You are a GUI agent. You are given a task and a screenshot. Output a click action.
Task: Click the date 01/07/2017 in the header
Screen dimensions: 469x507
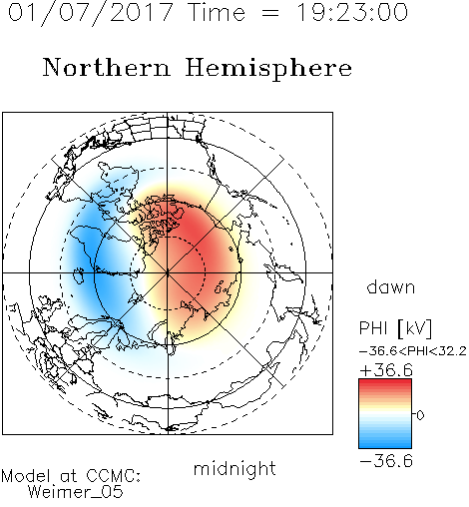[x=90, y=13]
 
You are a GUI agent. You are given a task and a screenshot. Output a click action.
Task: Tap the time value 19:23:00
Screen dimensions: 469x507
[x=352, y=12]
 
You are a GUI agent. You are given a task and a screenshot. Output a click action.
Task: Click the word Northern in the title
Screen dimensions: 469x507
[x=107, y=68]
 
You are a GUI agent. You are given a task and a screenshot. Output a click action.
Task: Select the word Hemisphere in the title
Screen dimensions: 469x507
[x=268, y=69]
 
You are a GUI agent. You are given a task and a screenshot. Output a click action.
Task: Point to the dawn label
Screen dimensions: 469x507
[x=391, y=286]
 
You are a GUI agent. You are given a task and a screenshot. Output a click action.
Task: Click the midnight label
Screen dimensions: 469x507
[x=234, y=468]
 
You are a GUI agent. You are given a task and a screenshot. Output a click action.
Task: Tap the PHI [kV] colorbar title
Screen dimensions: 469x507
[x=395, y=328]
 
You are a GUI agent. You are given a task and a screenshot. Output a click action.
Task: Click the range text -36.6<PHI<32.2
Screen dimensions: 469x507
[x=413, y=351]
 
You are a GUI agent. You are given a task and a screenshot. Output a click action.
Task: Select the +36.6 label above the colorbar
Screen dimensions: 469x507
[x=386, y=370]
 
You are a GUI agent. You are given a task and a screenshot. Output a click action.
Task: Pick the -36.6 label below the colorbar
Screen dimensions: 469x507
[x=386, y=461]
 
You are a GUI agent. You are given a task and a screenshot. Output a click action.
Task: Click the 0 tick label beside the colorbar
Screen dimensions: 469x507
[x=420, y=415]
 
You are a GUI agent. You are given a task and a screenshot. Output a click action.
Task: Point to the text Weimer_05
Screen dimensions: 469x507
[x=76, y=492]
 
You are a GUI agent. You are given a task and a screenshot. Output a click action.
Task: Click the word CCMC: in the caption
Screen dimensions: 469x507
[x=114, y=476]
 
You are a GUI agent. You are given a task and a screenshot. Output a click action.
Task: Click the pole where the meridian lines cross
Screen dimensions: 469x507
[x=168, y=272]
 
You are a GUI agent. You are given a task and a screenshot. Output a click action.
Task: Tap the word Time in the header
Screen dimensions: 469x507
[x=217, y=12]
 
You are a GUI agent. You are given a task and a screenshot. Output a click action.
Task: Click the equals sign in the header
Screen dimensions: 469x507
[x=269, y=14]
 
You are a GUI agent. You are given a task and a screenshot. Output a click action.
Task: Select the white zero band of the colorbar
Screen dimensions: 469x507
[x=385, y=415]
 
